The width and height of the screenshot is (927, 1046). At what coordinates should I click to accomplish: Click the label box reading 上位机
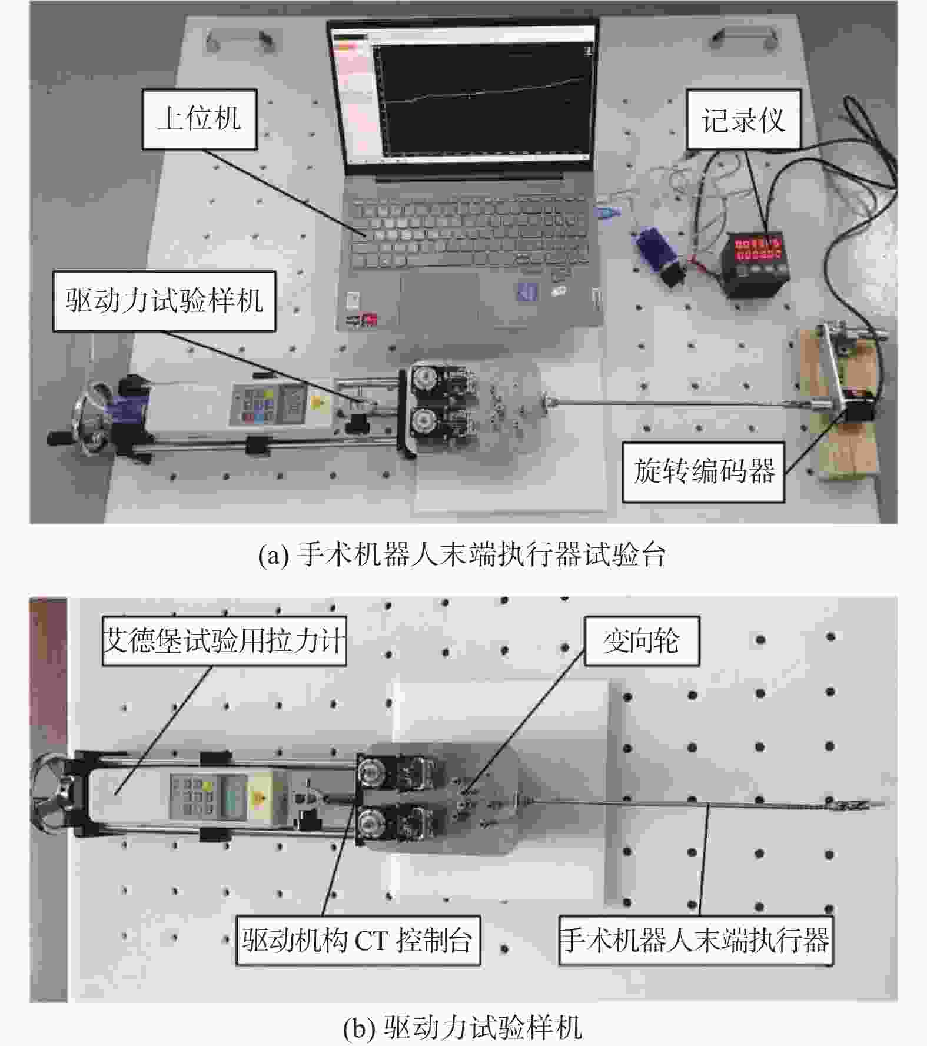[x=200, y=119]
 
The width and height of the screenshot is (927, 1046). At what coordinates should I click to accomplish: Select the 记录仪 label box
[x=743, y=120]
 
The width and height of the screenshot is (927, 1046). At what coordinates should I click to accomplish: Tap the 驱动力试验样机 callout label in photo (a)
[x=164, y=301]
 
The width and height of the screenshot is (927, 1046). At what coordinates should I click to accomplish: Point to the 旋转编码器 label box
[x=703, y=471]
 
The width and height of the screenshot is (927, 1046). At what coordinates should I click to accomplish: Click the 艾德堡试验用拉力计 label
[x=224, y=641]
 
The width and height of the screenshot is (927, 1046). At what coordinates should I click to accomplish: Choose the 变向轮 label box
[x=642, y=641]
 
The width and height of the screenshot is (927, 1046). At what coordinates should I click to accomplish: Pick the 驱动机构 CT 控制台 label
[x=358, y=940]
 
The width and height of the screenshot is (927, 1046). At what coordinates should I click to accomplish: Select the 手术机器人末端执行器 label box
[x=696, y=940]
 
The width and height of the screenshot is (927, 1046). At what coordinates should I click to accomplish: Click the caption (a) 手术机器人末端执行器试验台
[x=462, y=554]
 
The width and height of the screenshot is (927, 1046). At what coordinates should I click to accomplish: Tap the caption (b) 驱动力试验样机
[x=462, y=1028]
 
